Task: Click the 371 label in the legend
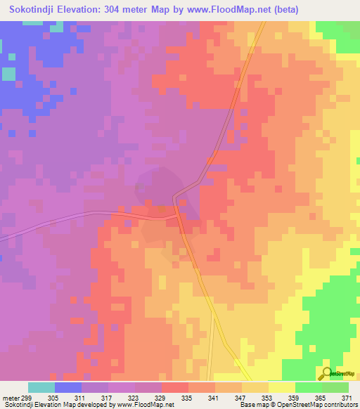[x=348, y=397]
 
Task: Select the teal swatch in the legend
[x=41, y=387]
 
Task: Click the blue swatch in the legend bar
[x=68, y=387]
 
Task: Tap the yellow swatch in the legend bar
[x=281, y=387]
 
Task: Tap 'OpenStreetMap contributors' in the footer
[x=320, y=405]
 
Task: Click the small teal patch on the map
[x=8, y=73]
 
